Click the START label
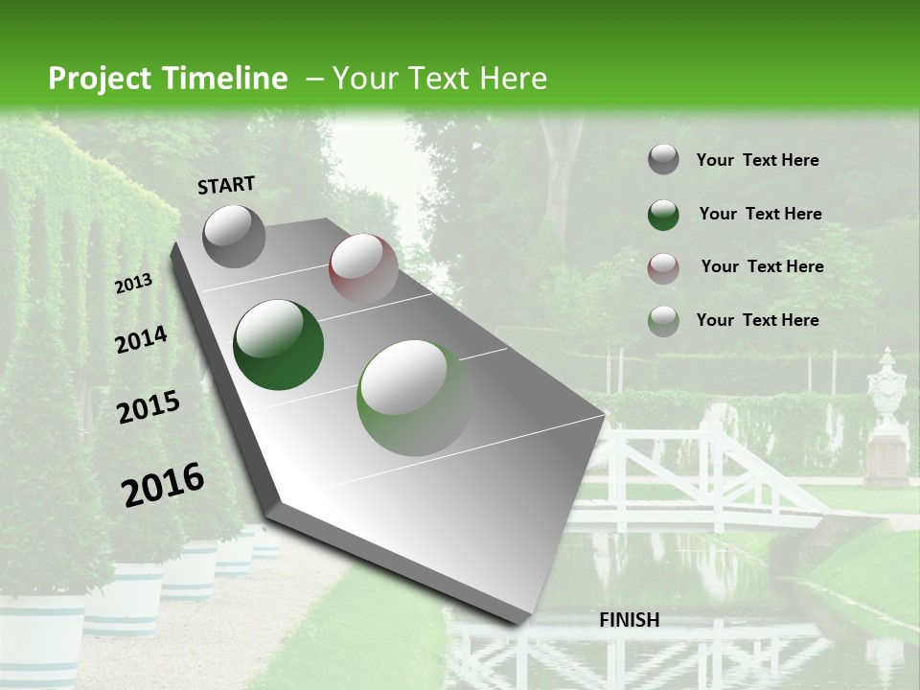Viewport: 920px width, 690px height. click(x=226, y=185)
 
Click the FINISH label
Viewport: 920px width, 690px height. click(x=629, y=620)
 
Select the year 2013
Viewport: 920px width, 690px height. click(x=133, y=284)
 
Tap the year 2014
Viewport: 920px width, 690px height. click(x=141, y=339)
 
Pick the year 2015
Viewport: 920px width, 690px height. click(x=148, y=407)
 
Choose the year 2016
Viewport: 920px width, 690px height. click(x=163, y=484)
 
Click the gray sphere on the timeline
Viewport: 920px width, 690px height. click(x=235, y=236)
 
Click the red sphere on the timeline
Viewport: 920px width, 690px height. click(x=363, y=267)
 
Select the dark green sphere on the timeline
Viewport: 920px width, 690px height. click(x=279, y=345)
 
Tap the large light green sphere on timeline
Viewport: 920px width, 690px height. click(x=414, y=398)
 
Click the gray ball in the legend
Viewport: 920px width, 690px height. click(x=663, y=160)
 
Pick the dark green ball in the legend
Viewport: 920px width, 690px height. click(x=663, y=215)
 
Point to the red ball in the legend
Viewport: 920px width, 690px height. click(x=663, y=267)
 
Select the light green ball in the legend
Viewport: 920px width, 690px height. click(x=663, y=321)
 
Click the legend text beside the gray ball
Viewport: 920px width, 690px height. click(x=757, y=160)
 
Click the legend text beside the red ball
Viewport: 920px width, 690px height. click(x=762, y=266)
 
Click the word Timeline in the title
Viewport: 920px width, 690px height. click(x=226, y=79)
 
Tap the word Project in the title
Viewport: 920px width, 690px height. click(x=99, y=79)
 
